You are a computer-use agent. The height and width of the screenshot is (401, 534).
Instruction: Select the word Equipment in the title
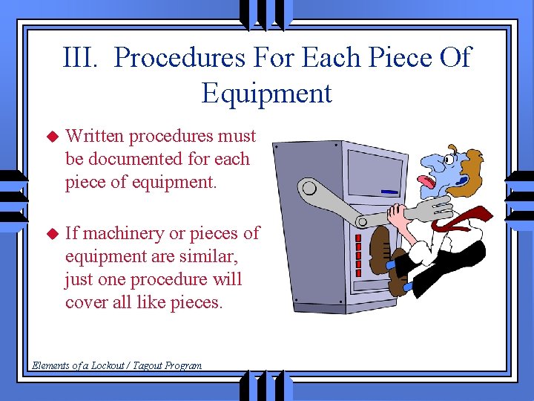tap(266, 94)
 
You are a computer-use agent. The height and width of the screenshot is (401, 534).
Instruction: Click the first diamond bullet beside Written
tap(51, 137)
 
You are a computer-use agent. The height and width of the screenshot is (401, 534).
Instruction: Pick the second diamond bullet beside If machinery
tap(51, 234)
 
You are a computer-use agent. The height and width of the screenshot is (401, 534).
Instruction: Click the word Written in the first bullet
tap(96, 136)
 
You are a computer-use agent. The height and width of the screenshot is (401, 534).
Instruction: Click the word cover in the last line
tap(89, 302)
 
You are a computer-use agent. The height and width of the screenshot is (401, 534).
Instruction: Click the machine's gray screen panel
tap(375, 169)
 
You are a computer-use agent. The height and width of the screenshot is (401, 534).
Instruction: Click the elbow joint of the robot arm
tap(362, 221)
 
